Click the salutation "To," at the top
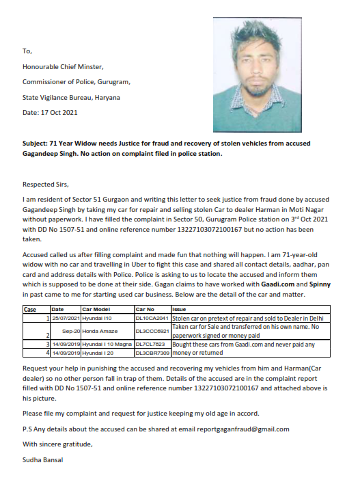point(27,51)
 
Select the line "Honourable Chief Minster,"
point(63,66)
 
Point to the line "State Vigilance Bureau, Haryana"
point(71,97)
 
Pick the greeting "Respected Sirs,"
point(46,184)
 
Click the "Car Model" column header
point(96,310)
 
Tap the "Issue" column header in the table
point(179,310)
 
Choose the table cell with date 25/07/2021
point(64,319)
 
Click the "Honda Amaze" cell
point(101,331)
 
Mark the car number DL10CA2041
point(152,319)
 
